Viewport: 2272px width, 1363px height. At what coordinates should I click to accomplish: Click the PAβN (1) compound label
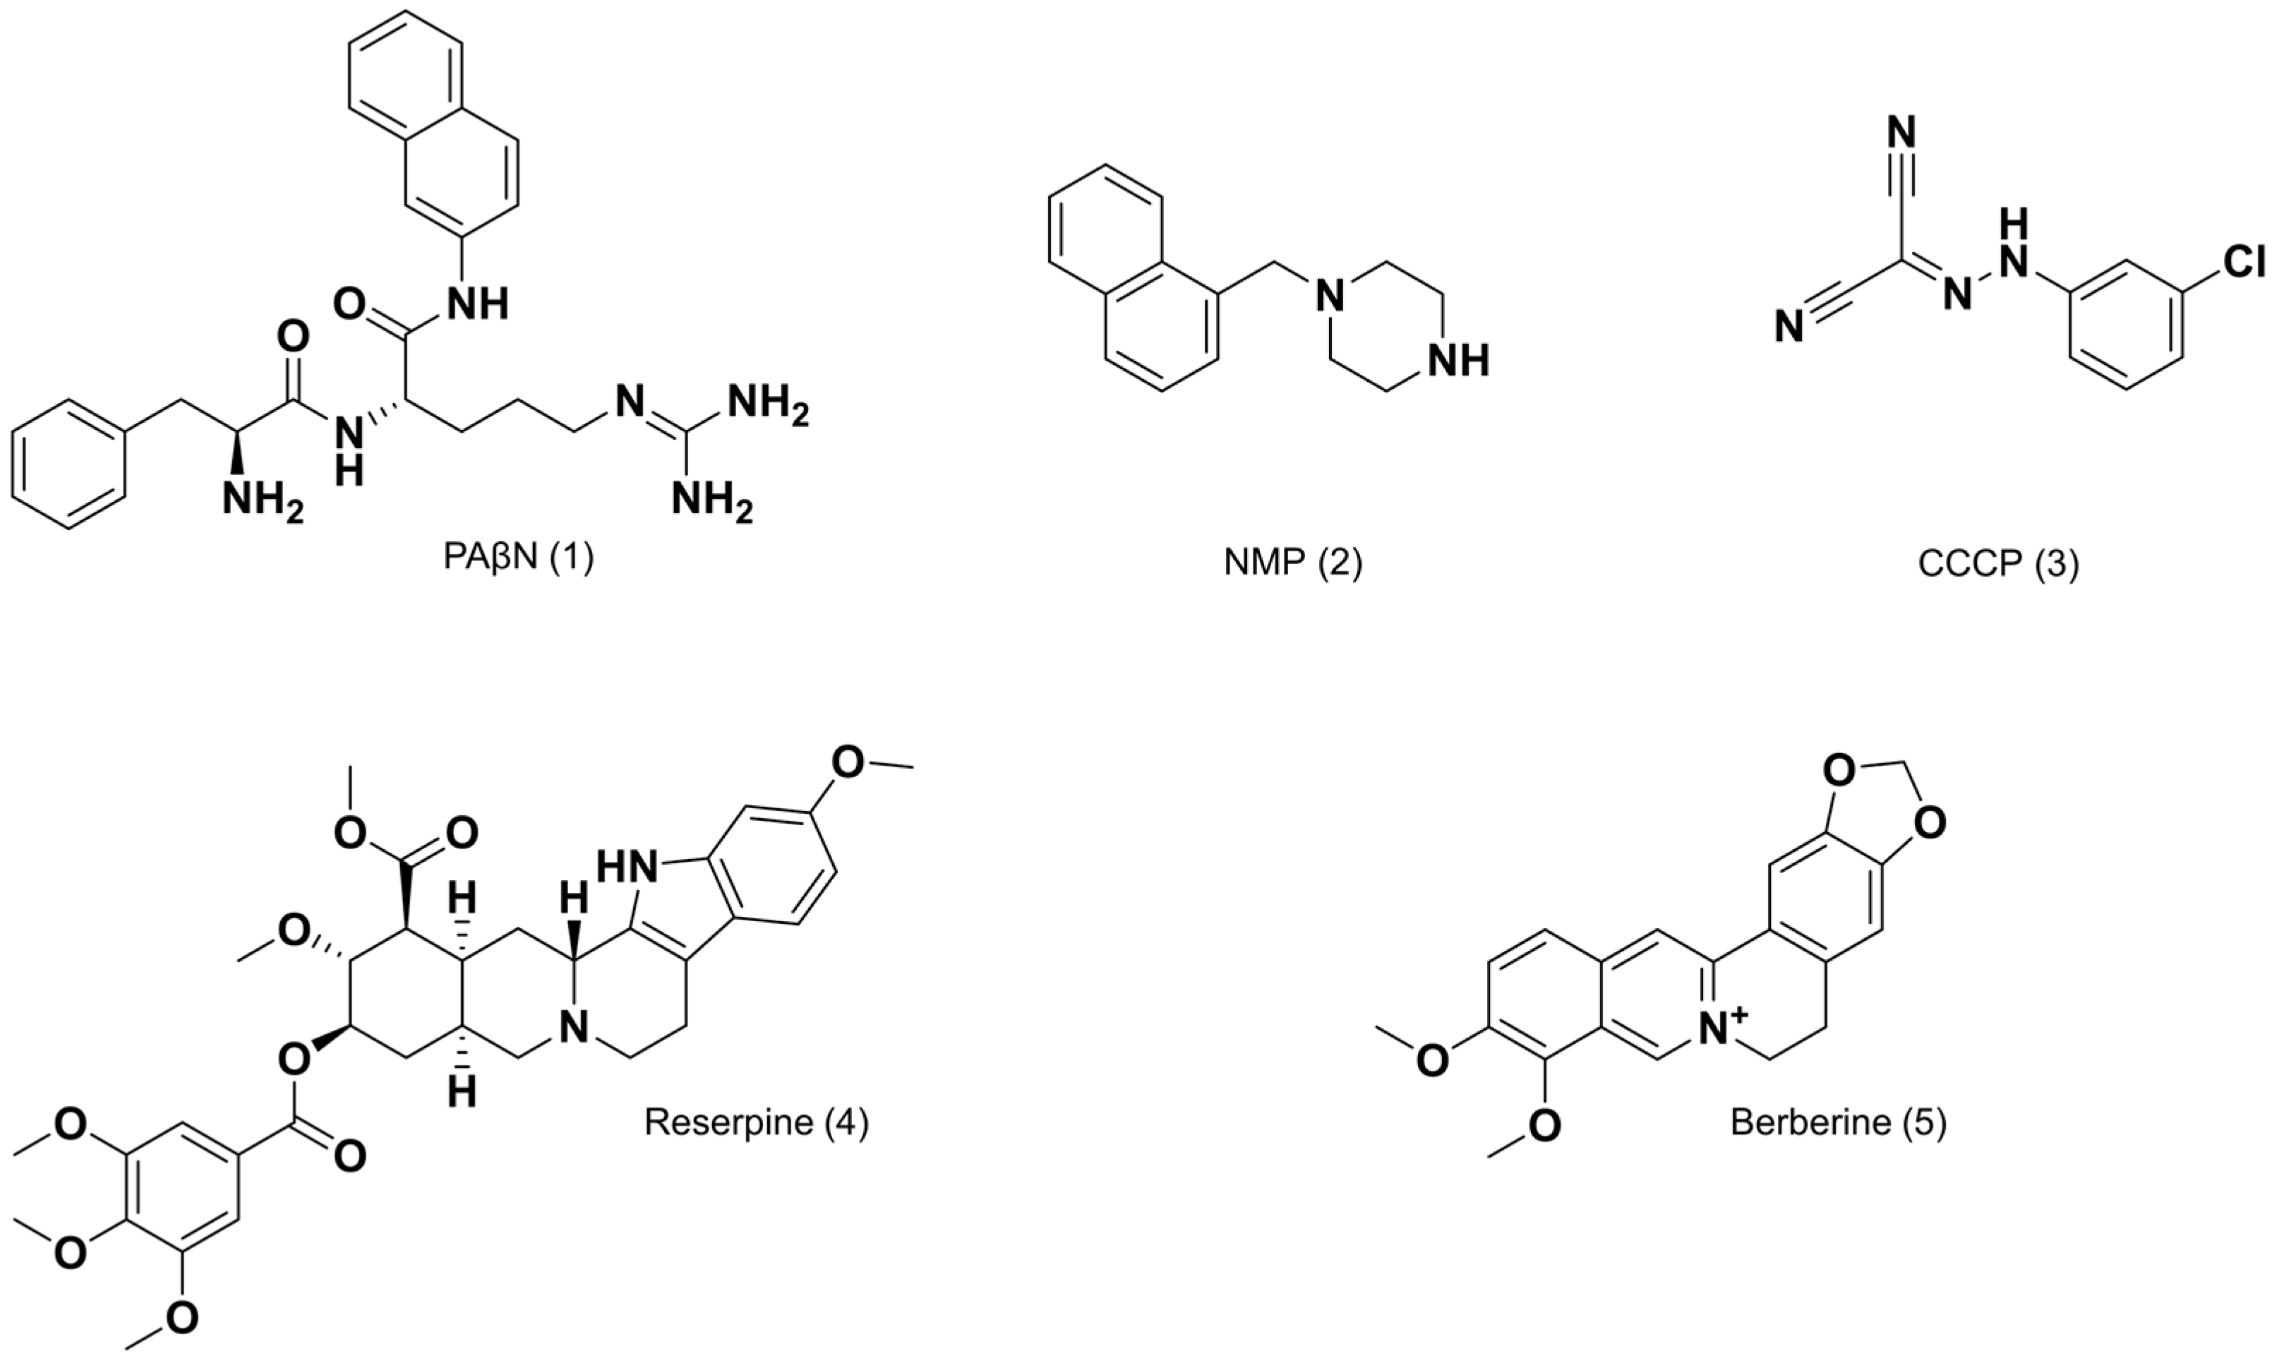pos(519,558)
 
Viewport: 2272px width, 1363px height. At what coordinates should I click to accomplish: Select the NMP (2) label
pos(1293,562)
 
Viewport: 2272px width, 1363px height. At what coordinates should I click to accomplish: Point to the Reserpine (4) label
pos(755,1122)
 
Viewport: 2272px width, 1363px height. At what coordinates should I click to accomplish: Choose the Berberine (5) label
pos(1839,1122)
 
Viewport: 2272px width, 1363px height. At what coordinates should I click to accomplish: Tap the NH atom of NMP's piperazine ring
pos(1460,360)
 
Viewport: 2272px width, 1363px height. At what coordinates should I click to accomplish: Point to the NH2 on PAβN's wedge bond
pos(262,503)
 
